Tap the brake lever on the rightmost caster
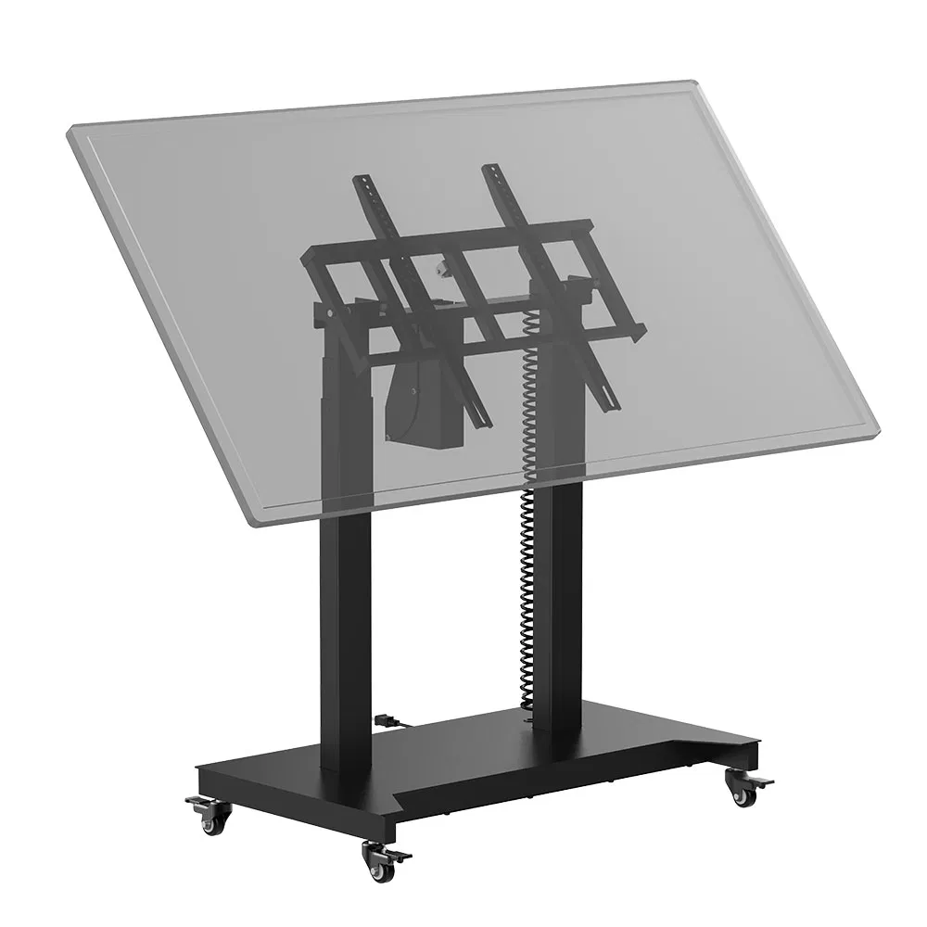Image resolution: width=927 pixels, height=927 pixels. [762, 785]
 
